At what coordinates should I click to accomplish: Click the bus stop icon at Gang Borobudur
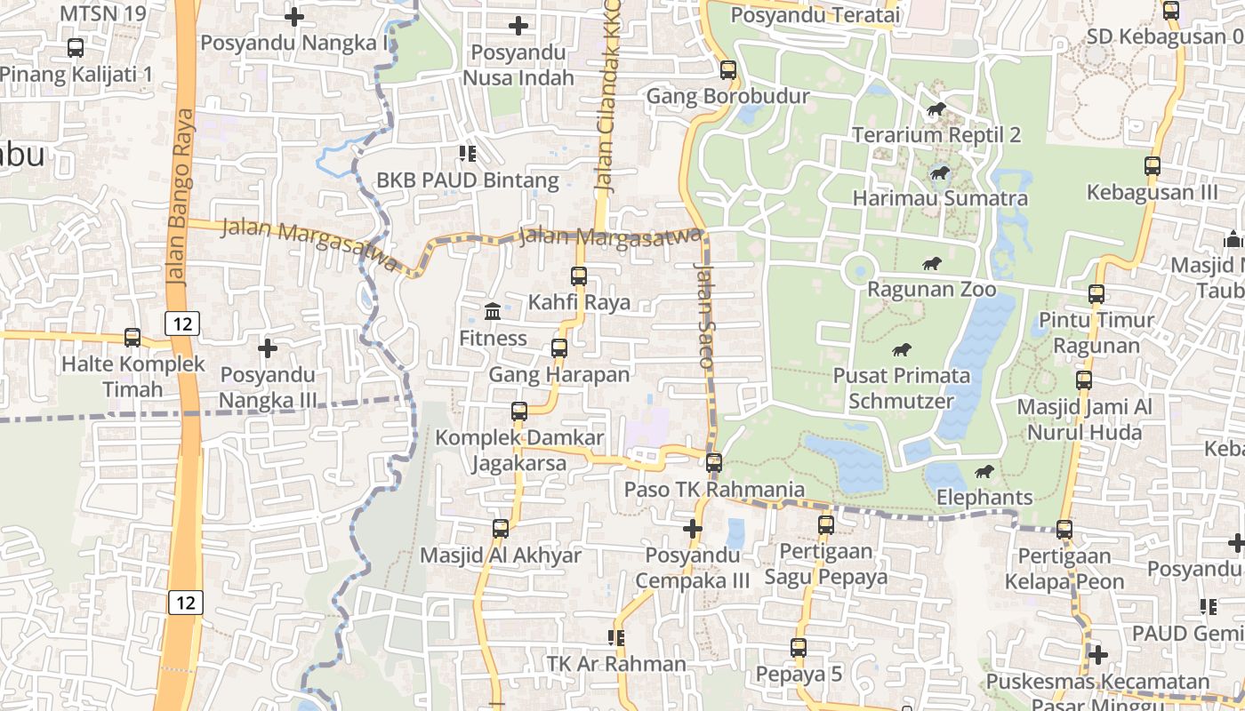pos(728,69)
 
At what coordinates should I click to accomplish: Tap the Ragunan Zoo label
pos(932,290)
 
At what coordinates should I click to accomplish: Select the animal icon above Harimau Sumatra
pos(940,172)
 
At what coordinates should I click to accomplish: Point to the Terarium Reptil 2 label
pos(936,135)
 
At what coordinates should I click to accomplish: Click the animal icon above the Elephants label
pos(984,471)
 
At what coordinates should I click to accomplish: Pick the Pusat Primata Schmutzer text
pos(901,387)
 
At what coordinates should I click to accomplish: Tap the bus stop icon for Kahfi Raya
pos(579,276)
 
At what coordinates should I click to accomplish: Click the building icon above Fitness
pos(493,311)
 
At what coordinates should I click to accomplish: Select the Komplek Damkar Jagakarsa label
pos(519,451)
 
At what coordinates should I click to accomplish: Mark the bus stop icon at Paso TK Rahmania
pos(714,462)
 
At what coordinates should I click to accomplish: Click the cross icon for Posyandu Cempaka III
pos(693,529)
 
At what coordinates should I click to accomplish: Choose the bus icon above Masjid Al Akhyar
pos(501,529)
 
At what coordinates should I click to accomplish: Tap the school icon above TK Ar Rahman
pos(615,637)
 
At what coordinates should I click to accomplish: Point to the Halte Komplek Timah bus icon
pos(133,337)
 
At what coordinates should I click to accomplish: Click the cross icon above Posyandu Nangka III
pos(267,348)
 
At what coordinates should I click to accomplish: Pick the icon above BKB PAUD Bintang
pos(467,154)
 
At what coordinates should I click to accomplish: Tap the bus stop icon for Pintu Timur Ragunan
pos(1096,293)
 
